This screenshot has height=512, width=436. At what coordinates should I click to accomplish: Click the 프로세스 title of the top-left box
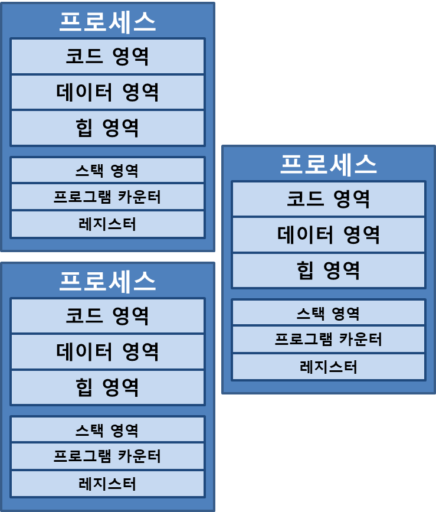point(107,22)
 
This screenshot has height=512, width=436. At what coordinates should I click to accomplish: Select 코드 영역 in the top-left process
point(107,57)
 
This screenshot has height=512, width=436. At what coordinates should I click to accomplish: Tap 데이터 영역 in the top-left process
point(107,92)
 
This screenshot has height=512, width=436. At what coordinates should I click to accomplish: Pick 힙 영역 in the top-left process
point(107,128)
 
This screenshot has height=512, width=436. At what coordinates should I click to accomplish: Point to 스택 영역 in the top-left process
point(107,171)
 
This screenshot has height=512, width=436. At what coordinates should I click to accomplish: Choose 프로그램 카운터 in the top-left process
point(107,197)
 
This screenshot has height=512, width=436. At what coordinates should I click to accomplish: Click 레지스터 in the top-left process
point(107,224)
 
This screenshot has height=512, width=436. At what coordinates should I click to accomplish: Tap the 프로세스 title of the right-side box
point(328,164)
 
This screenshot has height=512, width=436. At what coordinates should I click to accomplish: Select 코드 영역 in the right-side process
point(328,199)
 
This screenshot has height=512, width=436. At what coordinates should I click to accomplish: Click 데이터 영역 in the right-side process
point(328,235)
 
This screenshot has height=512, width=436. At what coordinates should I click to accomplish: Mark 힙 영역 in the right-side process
point(328,270)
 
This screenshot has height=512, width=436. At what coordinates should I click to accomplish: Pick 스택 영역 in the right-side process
point(328,313)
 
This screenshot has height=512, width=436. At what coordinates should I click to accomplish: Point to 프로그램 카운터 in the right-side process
point(328,340)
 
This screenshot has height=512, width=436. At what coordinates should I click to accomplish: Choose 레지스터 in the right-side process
point(328,367)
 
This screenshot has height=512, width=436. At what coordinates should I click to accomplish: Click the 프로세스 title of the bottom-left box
point(107,282)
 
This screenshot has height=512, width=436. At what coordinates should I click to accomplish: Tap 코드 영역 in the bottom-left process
point(107,316)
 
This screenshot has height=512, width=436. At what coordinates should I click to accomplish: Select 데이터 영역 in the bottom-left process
point(107,352)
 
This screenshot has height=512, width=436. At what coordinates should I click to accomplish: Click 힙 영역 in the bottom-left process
point(107,387)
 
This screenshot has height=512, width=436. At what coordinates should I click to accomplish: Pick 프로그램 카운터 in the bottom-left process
point(107,456)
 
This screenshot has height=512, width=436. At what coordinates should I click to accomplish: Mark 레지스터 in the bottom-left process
point(107,484)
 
